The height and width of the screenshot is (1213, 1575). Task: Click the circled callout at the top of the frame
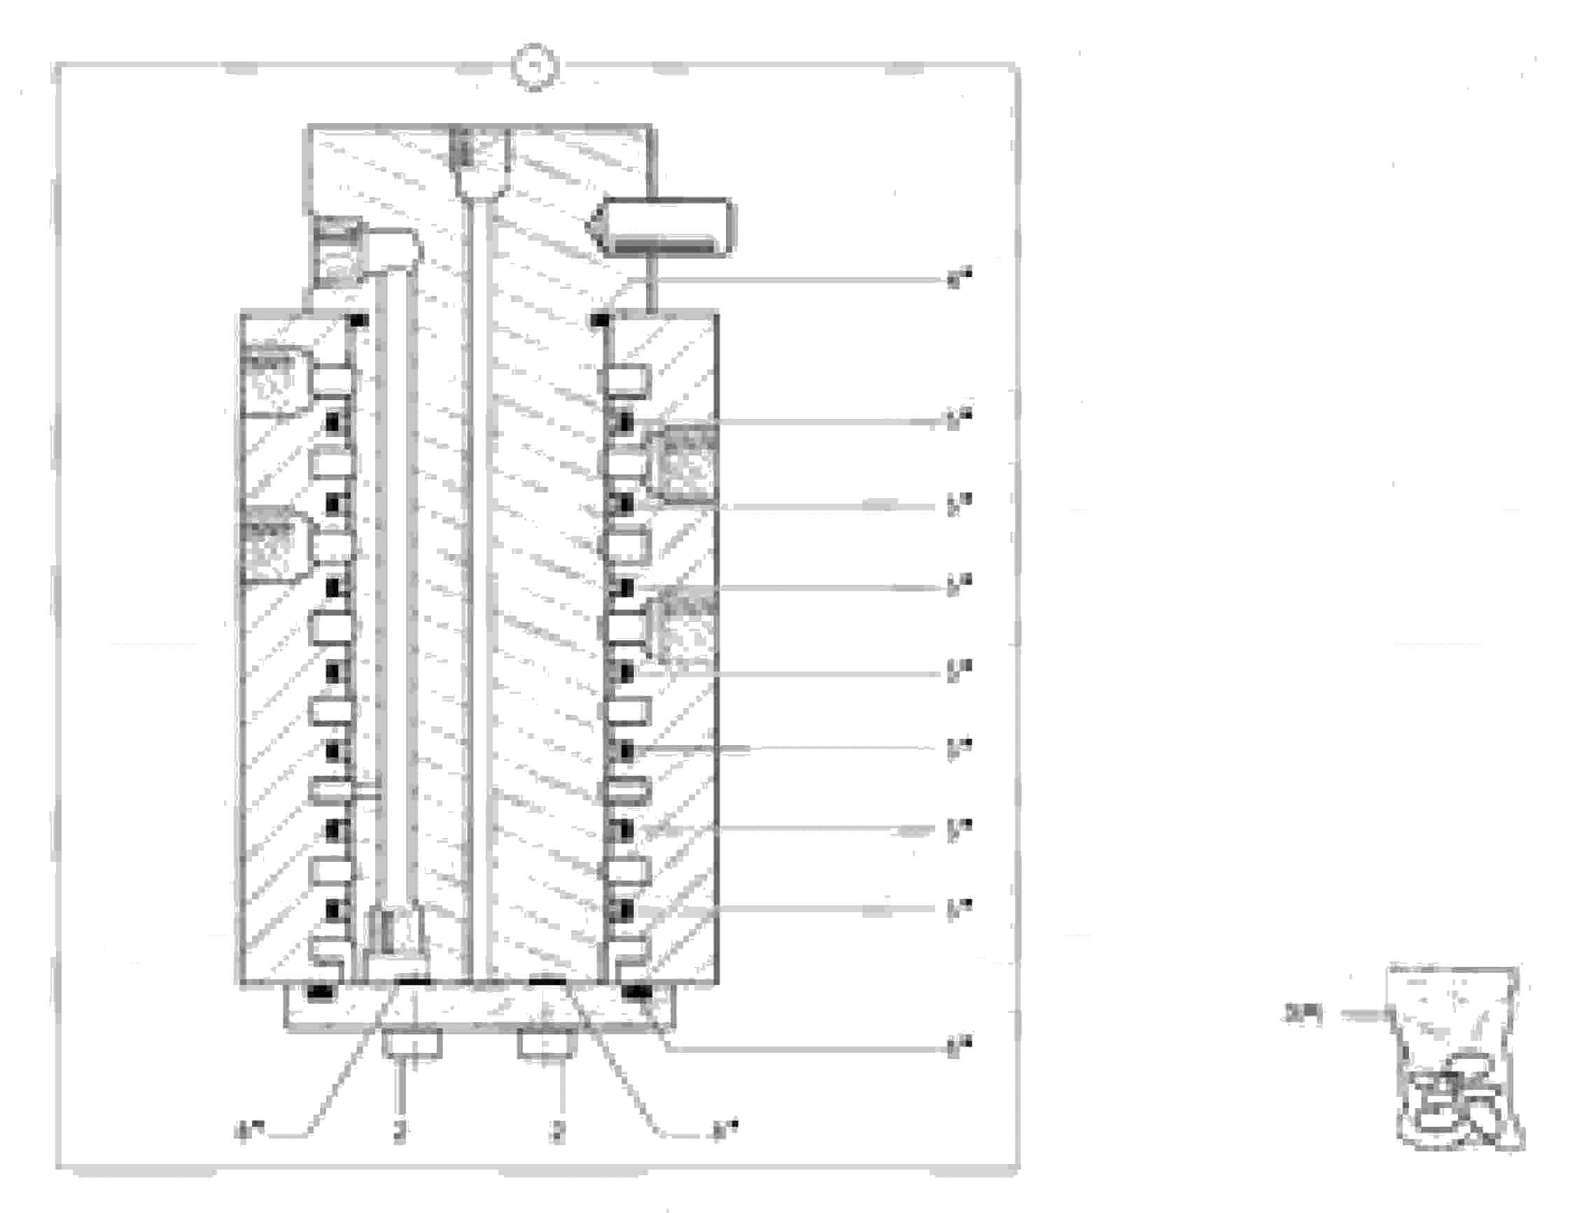[535, 66]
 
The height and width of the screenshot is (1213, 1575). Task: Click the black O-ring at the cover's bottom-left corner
[319, 993]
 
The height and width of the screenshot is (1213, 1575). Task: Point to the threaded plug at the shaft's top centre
[465, 151]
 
